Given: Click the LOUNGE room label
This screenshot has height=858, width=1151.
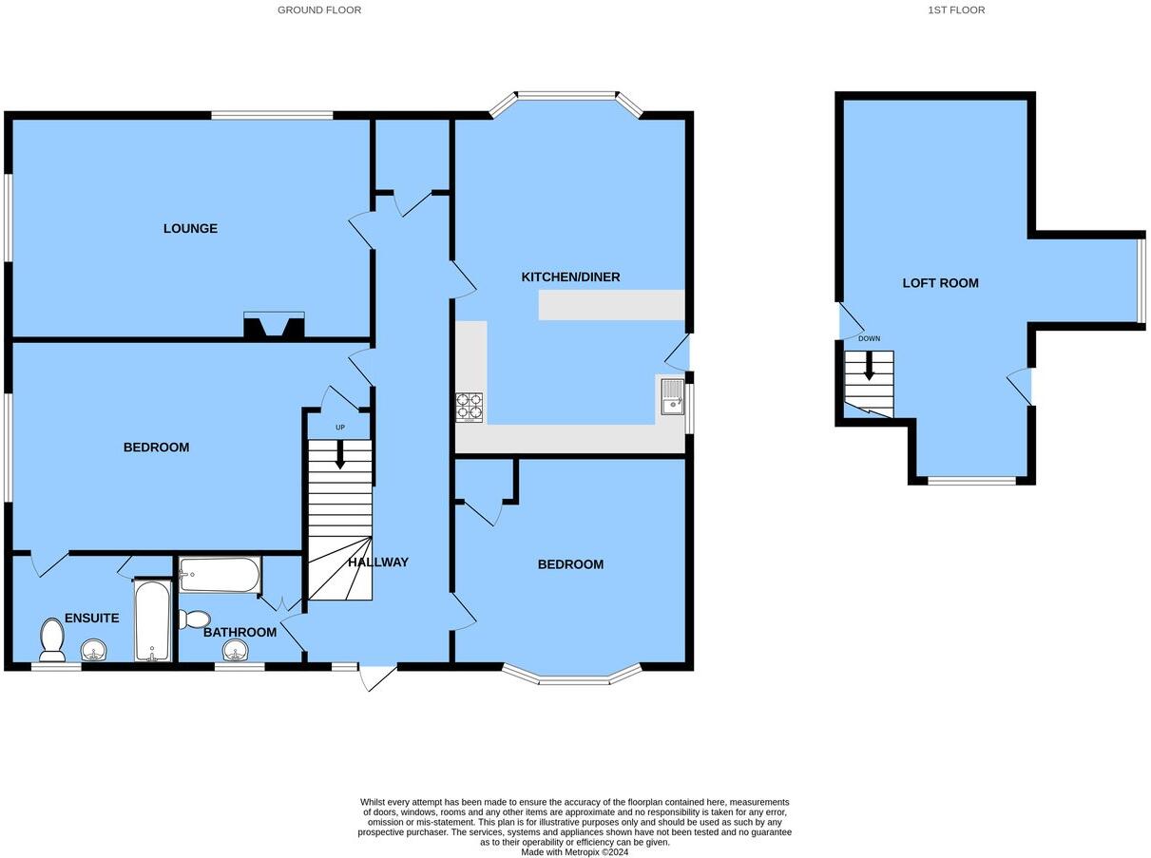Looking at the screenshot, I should (x=190, y=229).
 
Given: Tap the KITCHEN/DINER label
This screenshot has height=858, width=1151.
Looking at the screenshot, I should (x=570, y=277).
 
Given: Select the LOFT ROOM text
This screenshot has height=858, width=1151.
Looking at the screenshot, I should (x=940, y=283).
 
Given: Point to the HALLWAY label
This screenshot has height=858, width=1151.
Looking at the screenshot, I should (x=377, y=562).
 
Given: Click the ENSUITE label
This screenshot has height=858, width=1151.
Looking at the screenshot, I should (x=92, y=619).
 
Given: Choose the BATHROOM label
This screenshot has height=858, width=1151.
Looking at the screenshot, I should (x=240, y=633).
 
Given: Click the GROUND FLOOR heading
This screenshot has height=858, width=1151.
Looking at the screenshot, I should (x=319, y=10).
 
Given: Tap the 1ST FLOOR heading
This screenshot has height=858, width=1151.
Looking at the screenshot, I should (x=956, y=10).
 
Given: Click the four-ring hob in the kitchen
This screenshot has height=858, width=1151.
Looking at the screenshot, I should (x=469, y=407).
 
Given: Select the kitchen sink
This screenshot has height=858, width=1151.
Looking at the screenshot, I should (x=671, y=396).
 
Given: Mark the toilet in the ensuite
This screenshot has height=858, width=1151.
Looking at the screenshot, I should (x=51, y=639).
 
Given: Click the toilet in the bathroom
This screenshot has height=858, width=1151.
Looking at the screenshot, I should (x=194, y=620).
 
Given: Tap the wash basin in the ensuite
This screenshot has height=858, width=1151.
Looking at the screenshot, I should (x=93, y=650).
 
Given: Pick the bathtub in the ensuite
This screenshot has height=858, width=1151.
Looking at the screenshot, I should (x=152, y=620).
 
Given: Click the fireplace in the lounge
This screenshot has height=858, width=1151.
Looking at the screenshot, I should (x=274, y=326).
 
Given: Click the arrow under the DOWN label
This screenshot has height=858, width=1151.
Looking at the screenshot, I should (x=869, y=365).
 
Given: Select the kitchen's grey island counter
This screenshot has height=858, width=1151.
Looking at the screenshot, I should (x=611, y=305).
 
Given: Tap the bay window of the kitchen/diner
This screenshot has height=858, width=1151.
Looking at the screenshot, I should (x=566, y=96).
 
